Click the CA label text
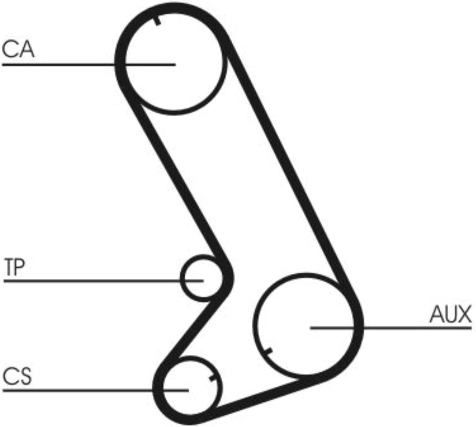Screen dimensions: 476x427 (18, 49)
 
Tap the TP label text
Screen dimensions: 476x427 (14, 267)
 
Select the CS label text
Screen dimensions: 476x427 (17, 376)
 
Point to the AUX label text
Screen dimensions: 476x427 (450, 314)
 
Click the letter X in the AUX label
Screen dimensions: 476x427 (465, 314)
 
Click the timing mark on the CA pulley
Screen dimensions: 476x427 (157, 21)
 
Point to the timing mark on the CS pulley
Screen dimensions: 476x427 (213, 378)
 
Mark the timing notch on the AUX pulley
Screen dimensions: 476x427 (268, 352)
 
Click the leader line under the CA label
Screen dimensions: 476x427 (89, 64)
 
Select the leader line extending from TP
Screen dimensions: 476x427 (103, 281)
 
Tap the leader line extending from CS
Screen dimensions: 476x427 (96, 390)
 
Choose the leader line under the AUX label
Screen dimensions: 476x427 (391, 328)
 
